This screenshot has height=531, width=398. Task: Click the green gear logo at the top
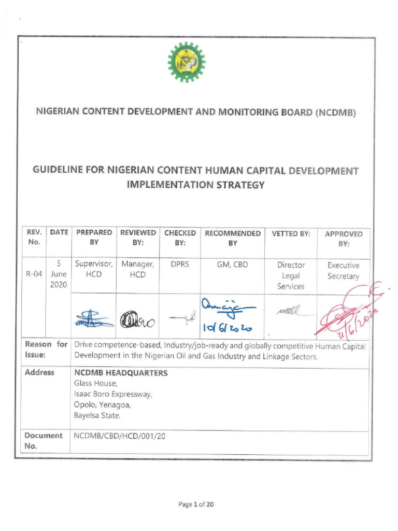point(187,62)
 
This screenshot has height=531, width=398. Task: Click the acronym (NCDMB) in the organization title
point(335,111)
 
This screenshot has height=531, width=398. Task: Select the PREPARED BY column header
point(94,238)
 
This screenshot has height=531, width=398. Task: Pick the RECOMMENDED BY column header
point(233,238)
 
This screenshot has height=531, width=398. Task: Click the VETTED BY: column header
point(291,234)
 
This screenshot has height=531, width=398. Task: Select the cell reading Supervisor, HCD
point(94,270)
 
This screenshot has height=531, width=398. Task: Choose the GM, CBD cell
point(233,264)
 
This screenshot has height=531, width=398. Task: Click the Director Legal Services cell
point(291,275)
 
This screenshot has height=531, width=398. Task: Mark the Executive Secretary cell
point(343,271)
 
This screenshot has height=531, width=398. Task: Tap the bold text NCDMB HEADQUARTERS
point(121,373)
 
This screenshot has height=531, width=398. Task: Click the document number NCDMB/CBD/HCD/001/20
point(120,436)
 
